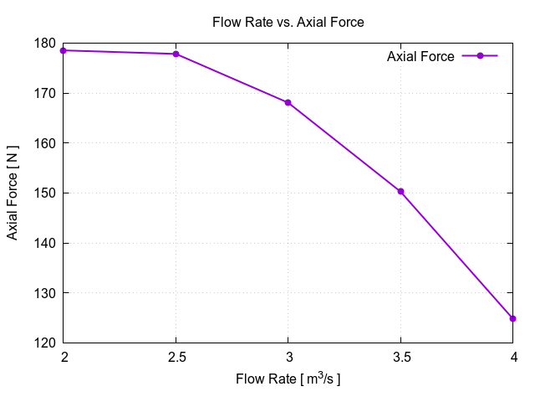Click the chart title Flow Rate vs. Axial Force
[288, 23]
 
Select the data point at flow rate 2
[64, 50]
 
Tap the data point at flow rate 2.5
[176, 54]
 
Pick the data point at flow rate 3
[288, 102]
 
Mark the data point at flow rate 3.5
[400, 191]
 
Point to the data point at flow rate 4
[512, 318]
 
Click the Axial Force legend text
[420, 56]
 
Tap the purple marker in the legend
[480, 56]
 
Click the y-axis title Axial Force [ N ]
[13, 193]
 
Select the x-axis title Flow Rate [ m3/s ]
[288, 379]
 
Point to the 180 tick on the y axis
[46, 43]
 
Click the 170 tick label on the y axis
[46, 93]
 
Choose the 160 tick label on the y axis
[46, 143]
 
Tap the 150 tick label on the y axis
[46, 193]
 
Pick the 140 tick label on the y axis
[46, 243]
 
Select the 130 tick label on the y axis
[46, 293]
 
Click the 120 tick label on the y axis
[46, 343]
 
